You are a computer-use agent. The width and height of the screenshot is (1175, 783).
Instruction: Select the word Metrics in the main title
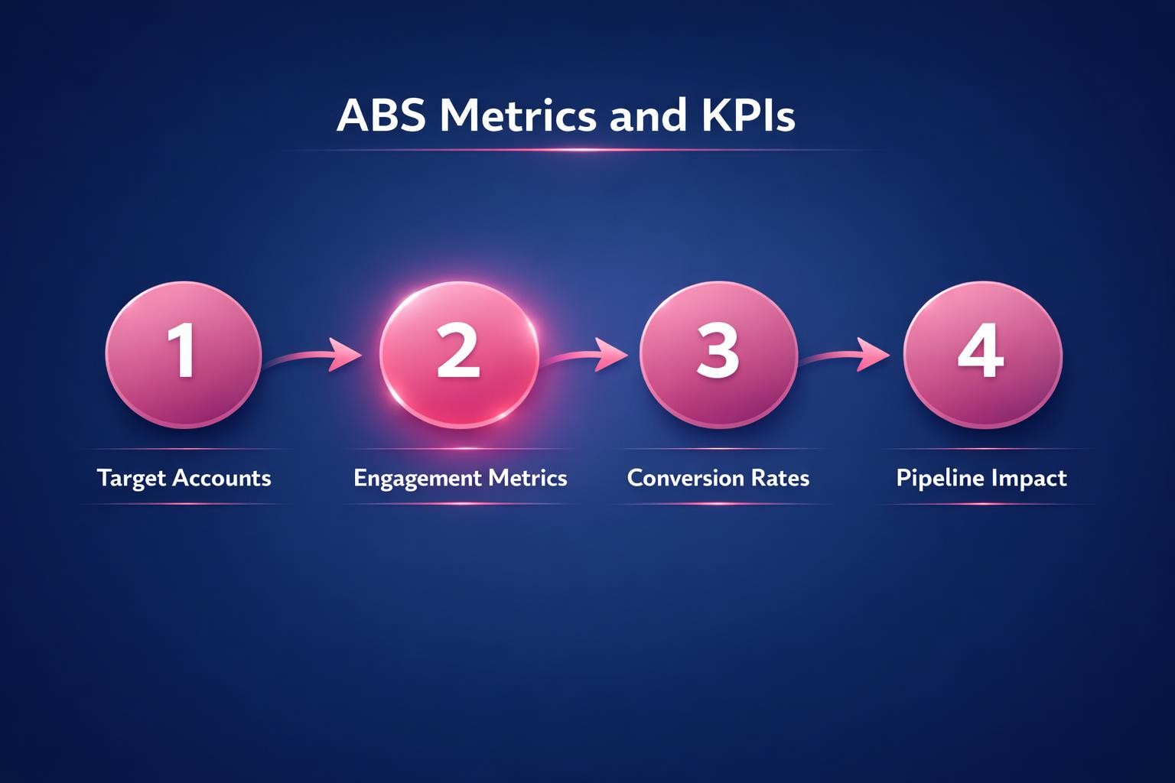(x=517, y=116)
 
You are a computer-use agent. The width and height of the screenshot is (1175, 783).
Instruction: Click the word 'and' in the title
(x=647, y=116)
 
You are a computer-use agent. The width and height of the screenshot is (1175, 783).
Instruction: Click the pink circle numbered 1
(x=184, y=354)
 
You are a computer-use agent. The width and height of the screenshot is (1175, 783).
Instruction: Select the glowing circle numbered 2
(x=459, y=354)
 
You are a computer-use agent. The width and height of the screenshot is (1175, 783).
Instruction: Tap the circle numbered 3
(x=718, y=354)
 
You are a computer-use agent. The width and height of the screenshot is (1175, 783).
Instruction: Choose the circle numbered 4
(x=982, y=354)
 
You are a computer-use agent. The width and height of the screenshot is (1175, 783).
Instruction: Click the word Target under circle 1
(x=132, y=479)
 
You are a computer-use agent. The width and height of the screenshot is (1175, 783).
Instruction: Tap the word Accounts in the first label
(x=222, y=478)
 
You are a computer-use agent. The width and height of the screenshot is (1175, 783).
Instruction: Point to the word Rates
(x=780, y=478)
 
